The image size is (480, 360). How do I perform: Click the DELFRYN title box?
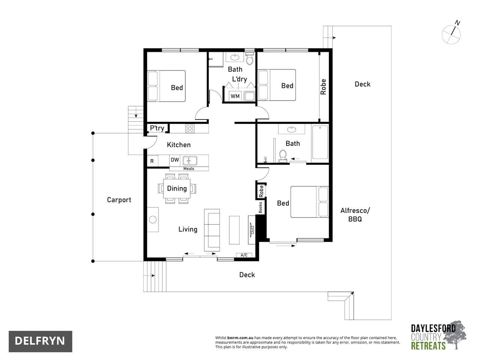[x=40, y=341]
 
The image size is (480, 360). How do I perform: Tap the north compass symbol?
[x=451, y=34]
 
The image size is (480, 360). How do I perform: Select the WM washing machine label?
[x=235, y=96]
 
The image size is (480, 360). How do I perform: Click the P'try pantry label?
[x=157, y=128]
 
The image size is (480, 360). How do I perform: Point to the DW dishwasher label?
[x=175, y=160]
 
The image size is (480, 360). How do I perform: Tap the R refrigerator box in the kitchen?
[x=152, y=161]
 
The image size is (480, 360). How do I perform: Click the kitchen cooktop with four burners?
[x=190, y=129]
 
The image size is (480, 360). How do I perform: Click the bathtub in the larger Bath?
[x=320, y=142]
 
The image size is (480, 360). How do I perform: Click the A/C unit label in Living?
[x=244, y=255]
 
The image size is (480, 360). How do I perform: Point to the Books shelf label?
[x=261, y=207]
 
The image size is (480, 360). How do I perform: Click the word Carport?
[x=119, y=200]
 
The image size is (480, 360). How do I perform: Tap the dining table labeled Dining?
[x=177, y=189]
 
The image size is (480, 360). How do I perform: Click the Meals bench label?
[x=189, y=169]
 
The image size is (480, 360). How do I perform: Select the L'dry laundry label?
[x=239, y=79]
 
